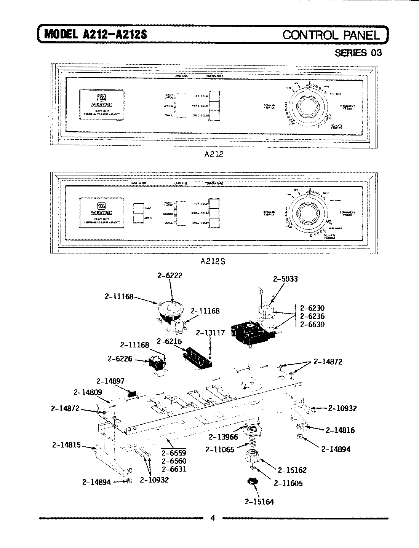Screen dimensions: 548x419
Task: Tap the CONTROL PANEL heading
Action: click(331, 35)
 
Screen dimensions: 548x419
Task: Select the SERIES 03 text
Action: click(358, 53)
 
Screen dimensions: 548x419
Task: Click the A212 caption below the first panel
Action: click(214, 155)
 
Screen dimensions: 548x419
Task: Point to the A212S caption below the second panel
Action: click(214, 261)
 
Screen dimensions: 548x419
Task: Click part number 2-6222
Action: click(170, 276)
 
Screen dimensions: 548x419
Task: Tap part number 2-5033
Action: click(285, 279)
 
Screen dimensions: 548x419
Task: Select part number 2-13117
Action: click(210, 333)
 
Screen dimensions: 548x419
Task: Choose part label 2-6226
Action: click(120, 358)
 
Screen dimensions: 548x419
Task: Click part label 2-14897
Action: click(110, 381)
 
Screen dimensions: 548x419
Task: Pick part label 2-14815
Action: click(66, 444)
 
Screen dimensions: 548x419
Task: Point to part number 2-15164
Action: click(259, 502)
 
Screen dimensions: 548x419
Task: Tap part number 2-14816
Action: click(340, 430)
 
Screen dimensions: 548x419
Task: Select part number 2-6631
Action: click(174, 469)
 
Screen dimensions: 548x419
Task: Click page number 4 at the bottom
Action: click(213, 518)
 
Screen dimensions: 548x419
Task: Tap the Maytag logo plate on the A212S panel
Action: click(101, 213)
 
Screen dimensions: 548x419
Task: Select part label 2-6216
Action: click(170, 342)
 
